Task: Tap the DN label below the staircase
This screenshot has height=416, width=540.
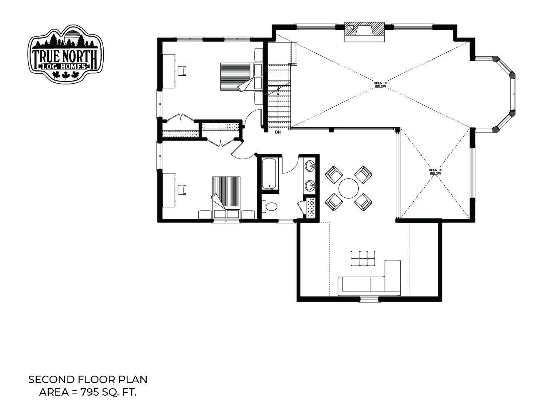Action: [x=278, y=132]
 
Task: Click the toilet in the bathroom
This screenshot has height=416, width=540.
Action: [x=270, y=206]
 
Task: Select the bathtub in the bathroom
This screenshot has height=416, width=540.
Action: [x=269, y=173]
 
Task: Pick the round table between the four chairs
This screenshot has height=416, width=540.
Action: [x=348, y=188]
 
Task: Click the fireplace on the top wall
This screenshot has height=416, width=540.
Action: [x=364, y=32]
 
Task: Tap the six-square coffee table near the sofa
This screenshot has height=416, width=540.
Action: [x=363, y=258]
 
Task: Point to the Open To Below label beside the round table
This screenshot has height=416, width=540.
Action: [x=435, y=172]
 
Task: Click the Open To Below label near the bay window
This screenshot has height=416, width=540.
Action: [x=380, y=85]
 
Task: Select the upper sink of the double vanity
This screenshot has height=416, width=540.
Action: [x=310, y=166]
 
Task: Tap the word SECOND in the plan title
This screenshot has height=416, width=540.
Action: [x=51, y=379]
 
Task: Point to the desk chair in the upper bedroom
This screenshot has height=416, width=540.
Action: [x=182, y=70]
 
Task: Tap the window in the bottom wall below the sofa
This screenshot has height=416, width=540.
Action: [x=369, y=300]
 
